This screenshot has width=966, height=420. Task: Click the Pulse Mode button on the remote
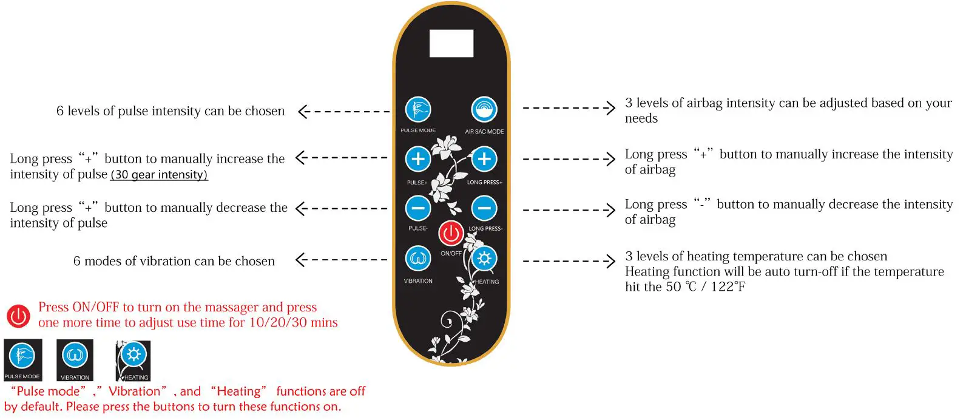coord(417,110)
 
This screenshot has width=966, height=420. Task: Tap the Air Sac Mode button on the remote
coord(484,110)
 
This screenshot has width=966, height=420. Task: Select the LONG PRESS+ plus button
coord(484,160)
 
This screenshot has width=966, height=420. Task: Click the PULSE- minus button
coord(417,208)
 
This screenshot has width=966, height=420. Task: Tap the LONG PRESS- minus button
coord(484,208)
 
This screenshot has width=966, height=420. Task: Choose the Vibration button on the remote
coord(417,259)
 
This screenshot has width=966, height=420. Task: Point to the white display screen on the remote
coord(451,44)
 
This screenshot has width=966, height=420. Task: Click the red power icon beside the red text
coord(18,316)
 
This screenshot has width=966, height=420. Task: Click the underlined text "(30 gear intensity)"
coord(159,175)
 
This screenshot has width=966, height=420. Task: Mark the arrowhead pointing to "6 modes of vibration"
coord(299,260)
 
